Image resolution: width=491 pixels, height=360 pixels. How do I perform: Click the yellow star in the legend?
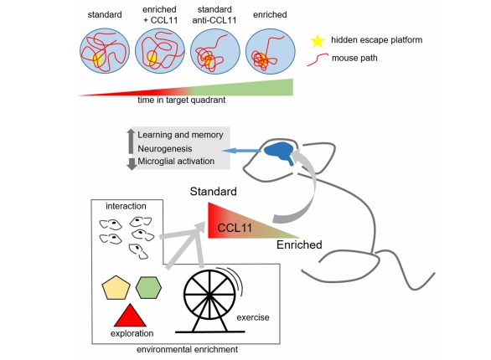[x=318, y=41]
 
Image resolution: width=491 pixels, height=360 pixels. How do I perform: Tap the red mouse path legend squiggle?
[x=318, y=59]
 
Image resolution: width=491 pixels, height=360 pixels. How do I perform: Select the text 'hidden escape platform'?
[x=377, y=40]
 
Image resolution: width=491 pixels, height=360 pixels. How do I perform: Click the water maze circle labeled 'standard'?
[x=105, y=51]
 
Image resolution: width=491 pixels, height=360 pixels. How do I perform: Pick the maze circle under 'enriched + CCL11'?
[x=160, y=51]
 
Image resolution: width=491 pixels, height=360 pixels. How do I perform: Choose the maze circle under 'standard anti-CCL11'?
[x=215, y=51]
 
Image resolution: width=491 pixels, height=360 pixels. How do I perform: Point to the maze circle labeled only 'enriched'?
[x=271, y=51]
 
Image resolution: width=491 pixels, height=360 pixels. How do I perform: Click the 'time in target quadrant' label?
[x=181, y=100]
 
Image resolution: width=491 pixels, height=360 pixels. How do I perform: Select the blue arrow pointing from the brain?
[x=241, y=151]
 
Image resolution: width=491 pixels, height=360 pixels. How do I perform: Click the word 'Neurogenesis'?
[x=165, y=148]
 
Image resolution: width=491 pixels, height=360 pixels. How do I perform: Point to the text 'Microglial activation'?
[x=176, y=161]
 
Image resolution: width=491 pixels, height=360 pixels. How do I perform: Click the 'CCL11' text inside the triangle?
[x=235, y=228]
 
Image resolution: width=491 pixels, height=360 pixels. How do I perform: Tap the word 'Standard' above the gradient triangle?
[x=214, y=192]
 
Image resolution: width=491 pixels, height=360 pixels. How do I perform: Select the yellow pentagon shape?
[x=116, y=288]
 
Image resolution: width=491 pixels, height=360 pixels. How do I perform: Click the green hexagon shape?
[x=149, y=287]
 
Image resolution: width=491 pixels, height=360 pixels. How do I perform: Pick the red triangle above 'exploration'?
[x=130, y=315]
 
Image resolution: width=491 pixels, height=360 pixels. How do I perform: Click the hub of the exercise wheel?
[x=209, y=295]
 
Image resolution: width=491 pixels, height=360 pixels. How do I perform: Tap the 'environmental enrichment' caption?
[x=187, y=349]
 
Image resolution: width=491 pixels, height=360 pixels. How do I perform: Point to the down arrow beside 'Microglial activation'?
[x=132, y=164]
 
